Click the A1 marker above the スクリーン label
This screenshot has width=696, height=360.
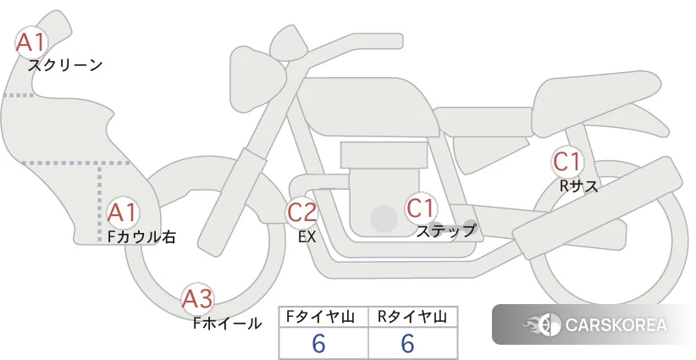pyautogui.click(x=30, y=42)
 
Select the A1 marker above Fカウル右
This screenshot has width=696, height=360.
pyautogui.click(x=123, y=213)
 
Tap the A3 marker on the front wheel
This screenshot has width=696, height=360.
pyautogui.click(x=197, y=299)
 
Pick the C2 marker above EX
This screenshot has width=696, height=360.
pyautogui.click(x=301, y=212)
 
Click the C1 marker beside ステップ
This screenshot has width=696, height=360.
pyautogui.click(x=420, y=208)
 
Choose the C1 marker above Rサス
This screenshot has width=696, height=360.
pyautogui.click(x=566, y=162)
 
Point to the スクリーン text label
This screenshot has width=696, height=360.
pyautogui.click(x=65, y=66)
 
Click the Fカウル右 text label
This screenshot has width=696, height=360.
pyautogui.click(x=141, y=236)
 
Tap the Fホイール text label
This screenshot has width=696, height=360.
pyautogui.click(x=227, y=324)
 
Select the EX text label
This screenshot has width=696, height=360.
pyautogui.click(x=307, y=237)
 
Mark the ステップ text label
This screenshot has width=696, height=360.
pyautogui.click(x=446, y=231)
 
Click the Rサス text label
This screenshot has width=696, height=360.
pyautogui.click(x=578, y=186)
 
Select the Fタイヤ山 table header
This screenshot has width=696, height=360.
pyautogui.click(x=320, y=317)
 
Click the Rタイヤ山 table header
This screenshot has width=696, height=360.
pyautogui.click(x=412, y=317)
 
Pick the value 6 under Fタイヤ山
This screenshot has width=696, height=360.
pyautogui.click(x=318, y=343)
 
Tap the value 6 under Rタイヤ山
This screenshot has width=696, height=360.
pyautogui.click(x=407, y=343)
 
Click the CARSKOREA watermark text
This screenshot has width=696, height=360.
pyautogui.click(x=616, y=324)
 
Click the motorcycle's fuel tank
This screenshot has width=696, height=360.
pyautogui.click(x=367, y=107)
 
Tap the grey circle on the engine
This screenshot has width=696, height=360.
pyautogui.click(x=384, y=219)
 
